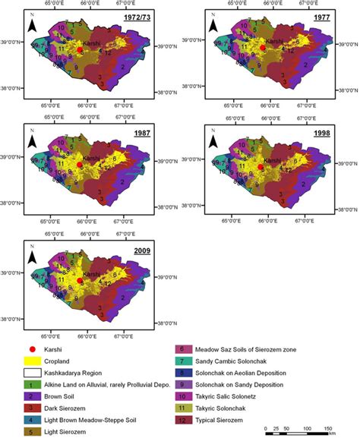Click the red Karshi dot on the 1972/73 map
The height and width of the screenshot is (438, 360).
[x=80, y=51]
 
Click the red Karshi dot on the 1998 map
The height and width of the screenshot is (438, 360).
[x=261, y=167]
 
